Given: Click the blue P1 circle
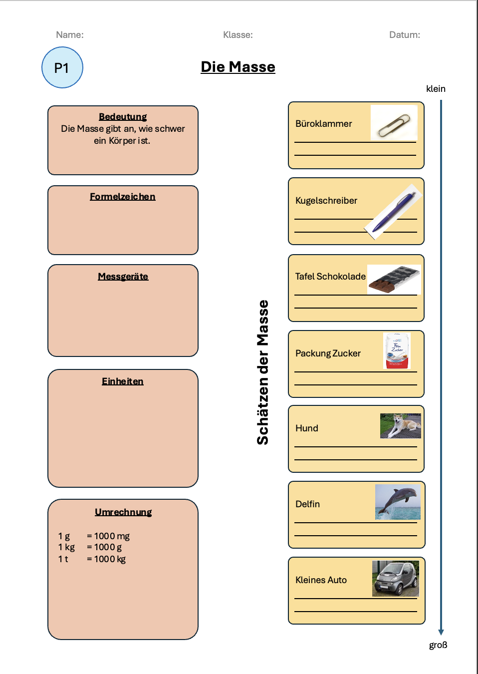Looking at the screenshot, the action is (x=62, y=67).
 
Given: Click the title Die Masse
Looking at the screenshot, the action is (x=238, y=67).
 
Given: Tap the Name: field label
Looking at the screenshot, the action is (x=70, y=35).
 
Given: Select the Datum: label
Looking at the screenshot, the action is (x=404, y=35).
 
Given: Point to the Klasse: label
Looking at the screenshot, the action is (x=238, y=35).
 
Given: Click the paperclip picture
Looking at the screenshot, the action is (x=394, y=122).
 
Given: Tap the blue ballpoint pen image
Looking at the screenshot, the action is (x=393, y=212).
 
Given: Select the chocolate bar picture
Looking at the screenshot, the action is (x=394, y=279).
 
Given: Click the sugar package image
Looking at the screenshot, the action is (x=397, y=350).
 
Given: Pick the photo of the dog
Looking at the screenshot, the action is (x=401, y=425).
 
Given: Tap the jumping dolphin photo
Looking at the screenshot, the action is (x=398, y=502).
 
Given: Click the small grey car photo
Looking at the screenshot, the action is (x=395, y=578).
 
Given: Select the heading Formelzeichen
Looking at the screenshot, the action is (x=123, y=197).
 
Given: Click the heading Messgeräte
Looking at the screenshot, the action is (x=123, y=276).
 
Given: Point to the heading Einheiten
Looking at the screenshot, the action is (x=123, y=381).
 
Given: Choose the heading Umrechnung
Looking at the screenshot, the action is (x=123, y=512).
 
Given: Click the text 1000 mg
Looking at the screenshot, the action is (x=112, y=536).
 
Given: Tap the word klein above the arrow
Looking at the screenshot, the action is (x=436, y=89).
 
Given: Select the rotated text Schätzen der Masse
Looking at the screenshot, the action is (x=262, y=372).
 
